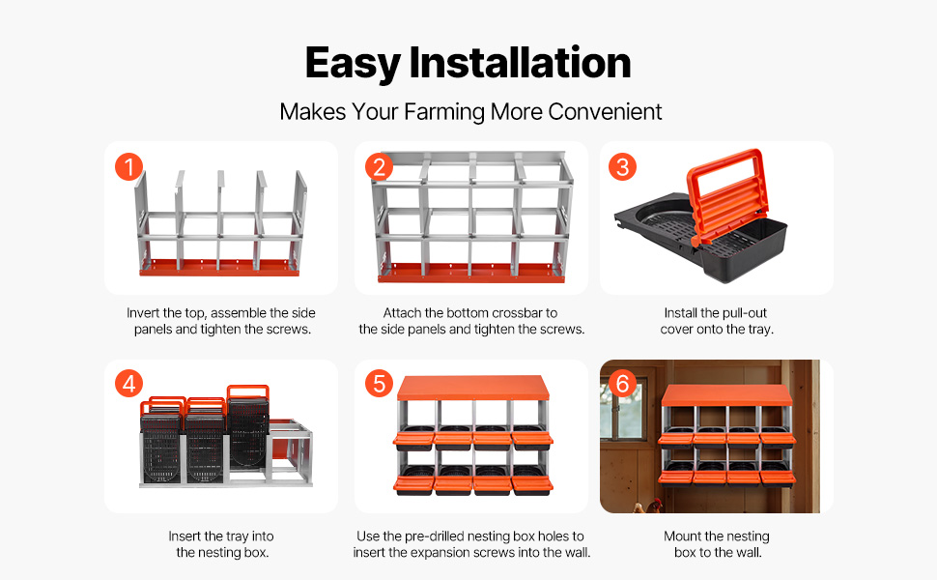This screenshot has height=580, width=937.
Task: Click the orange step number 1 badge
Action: pos(129,167)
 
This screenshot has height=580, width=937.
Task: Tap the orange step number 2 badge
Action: pos(380,167)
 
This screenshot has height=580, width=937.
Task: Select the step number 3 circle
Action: pos(623,167)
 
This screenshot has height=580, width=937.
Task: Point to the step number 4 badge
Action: pos(129,384)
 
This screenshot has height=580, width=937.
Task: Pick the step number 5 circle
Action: pos(380,384)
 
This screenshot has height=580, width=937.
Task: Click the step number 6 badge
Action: pos(623,384)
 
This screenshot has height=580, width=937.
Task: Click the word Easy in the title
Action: pos(353,64)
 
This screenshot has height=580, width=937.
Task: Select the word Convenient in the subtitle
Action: pos(605,112)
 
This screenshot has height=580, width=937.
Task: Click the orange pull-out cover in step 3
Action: pos(726,192)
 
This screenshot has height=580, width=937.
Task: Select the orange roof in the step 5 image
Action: pos(473,388)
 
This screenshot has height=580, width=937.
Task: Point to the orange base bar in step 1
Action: pos(219,267)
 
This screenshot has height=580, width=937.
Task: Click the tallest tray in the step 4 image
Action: pos(247,425)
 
